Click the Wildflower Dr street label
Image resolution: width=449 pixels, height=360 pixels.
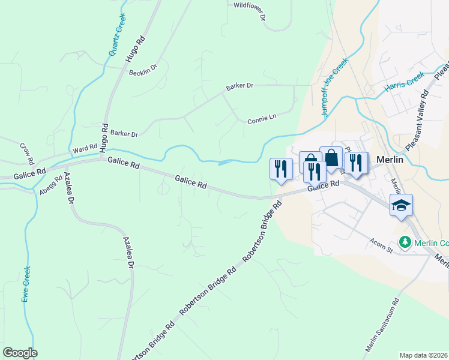249,11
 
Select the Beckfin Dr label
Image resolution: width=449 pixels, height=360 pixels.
143,70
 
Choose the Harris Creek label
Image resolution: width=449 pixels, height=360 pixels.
405,82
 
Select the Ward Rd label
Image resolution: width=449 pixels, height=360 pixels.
85,148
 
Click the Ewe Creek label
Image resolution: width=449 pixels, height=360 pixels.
26,284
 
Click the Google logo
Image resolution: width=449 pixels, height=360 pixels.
20,353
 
